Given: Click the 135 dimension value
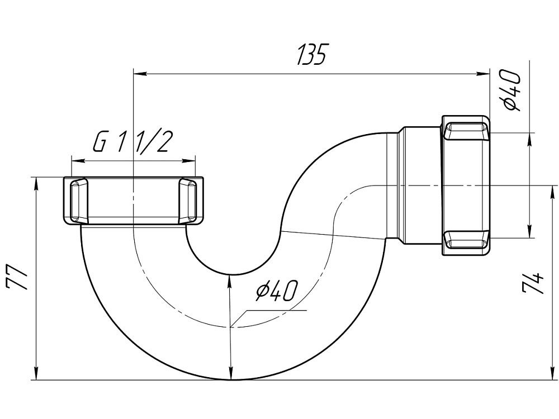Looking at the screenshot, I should pyautogui.click(x=311, y=55).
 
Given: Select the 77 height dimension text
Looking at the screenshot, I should pyautogui.click(x=17, y=277).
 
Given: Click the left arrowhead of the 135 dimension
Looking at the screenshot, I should pyautogui.click(x=138, y=73).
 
